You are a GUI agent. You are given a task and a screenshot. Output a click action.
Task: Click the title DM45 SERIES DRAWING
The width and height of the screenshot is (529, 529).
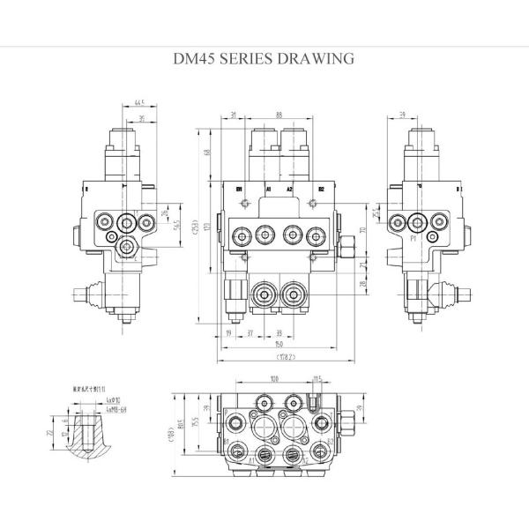[x=265, y=59]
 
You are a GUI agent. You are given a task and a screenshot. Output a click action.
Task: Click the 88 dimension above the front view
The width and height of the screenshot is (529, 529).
[x=278, y=115]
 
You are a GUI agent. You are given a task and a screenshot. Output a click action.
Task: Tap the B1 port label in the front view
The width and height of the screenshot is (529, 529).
[x=239, y=189]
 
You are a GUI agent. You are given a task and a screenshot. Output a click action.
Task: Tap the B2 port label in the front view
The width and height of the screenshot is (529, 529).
[x=321, y=189]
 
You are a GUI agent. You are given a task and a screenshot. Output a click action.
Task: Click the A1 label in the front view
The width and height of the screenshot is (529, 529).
[x=267, y=189]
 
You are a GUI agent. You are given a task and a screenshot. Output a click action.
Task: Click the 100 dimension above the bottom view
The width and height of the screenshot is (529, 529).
[x=275, y=379]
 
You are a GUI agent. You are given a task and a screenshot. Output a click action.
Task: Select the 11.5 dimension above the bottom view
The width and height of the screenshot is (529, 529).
[x=317, y=379]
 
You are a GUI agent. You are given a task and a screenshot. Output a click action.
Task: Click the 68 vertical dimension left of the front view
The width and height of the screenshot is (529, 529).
[x=208, y=153]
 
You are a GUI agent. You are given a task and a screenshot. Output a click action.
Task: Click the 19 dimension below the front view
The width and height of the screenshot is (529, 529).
[x=227, y=334]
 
